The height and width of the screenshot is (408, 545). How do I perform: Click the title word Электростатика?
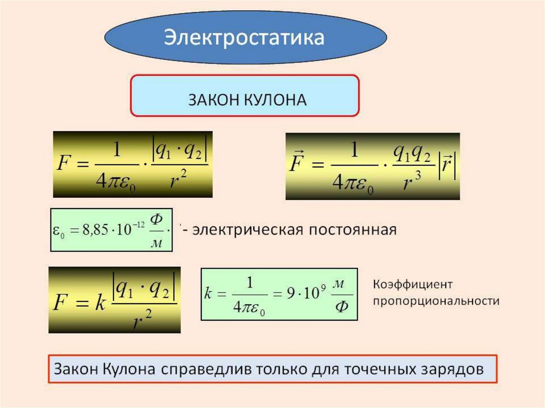(x=244, y=38)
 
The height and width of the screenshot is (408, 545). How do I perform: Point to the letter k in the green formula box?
(x=208, y=293)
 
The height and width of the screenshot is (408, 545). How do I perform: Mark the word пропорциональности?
(x=436, y=301)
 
